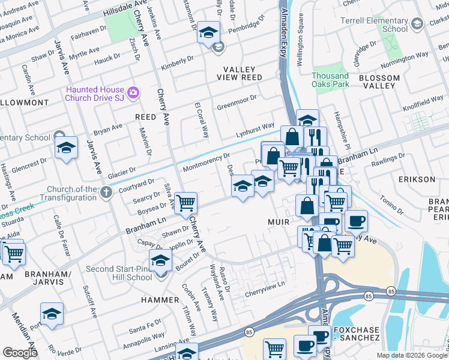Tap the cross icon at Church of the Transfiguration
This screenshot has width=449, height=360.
[106, 193]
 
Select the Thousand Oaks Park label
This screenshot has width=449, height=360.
[330, 80]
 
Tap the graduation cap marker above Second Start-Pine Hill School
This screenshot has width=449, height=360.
[161, 260]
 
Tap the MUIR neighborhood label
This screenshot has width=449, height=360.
[279, 221]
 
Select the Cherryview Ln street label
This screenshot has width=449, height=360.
[265, 292]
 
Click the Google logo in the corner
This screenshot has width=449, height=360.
[20, 353]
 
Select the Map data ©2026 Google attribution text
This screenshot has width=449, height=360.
[411, 355]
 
